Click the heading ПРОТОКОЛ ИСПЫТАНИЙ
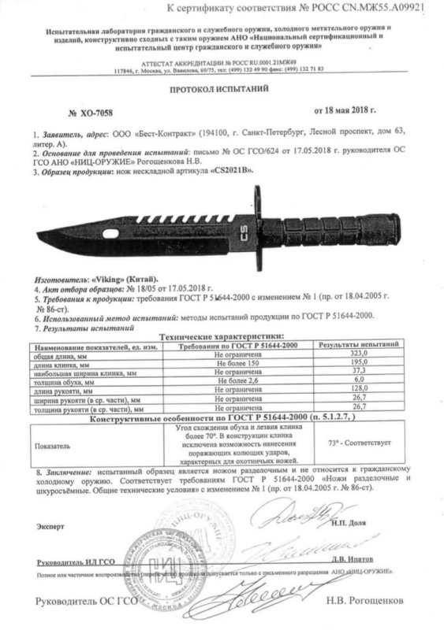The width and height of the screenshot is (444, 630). pyautogui.click(x=222, y=91)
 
